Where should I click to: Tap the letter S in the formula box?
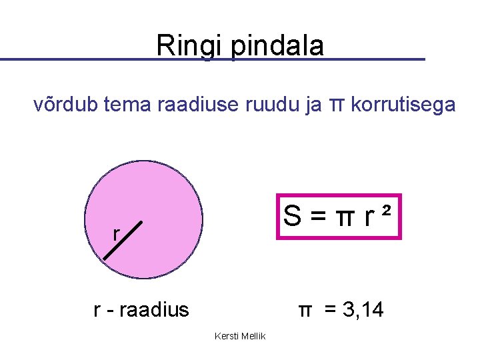pyautogui.click(x=292, y=216)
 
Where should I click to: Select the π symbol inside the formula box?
pyautogui.click(x=343, y=217)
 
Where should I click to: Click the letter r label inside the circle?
pyautogui.click(x=116, y=234)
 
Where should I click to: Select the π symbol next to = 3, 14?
pyautogui.click(x=305, y=310)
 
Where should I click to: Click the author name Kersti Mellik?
pyautogui.click(x=240, y=336)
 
